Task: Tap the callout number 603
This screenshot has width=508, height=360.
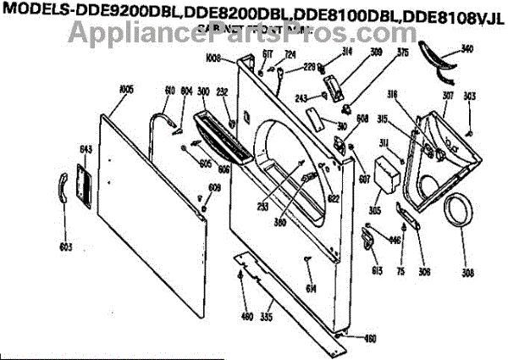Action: (65, 247)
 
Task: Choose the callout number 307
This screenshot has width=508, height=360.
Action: (449, 95)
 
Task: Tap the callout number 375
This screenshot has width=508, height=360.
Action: (378, 52)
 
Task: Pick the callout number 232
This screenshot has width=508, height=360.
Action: (223, 92)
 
